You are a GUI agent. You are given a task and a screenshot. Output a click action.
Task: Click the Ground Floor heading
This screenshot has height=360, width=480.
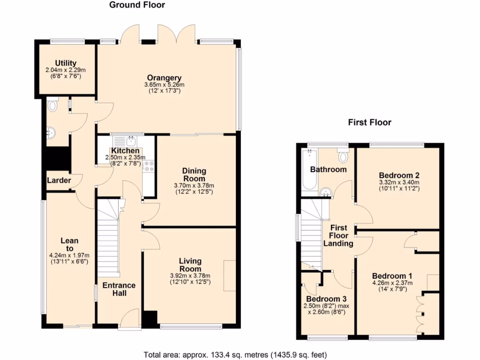[x=137, y=5]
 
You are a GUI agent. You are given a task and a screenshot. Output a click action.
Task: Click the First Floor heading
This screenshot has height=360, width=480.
[x=369, y=122]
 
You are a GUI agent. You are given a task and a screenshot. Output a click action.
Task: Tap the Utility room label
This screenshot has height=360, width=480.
[x=66, y=63]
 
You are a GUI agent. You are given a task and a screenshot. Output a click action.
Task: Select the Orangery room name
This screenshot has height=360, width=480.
[x=164, y=78]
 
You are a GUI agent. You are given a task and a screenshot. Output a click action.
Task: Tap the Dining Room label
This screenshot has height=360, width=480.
[x=195, y=175]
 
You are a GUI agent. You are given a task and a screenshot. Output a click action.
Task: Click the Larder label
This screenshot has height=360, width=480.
[x=59, y=180]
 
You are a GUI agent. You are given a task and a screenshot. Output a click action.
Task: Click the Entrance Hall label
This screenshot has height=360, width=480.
[x=119, y=289]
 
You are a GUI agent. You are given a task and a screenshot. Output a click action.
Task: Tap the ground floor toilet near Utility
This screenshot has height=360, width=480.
[x=52, y=105]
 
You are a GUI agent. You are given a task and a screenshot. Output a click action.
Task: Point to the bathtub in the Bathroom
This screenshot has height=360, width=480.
[x=309, y=171]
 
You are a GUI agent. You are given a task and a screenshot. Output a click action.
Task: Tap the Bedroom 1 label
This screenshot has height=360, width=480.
[x=392, y=276]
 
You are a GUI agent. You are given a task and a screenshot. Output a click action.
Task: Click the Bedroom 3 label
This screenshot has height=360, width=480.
[x=327, y=299]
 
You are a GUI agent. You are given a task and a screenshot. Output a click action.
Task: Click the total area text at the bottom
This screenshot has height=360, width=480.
[x=235, y=354]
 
